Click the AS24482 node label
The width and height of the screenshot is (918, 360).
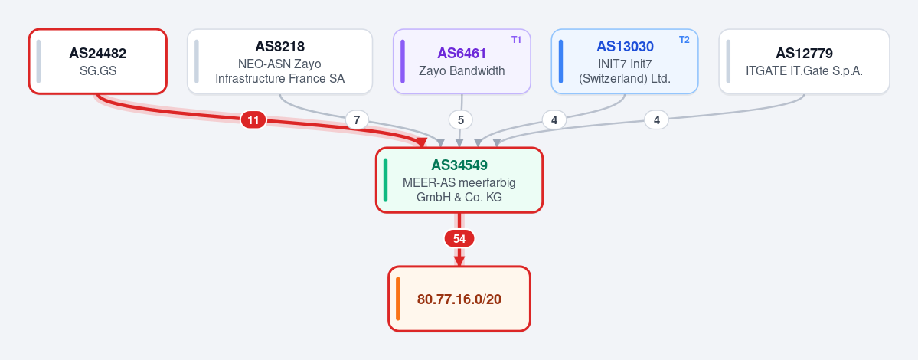click(x=98, y=54)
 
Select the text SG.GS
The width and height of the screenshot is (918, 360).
click(x=98, y=70)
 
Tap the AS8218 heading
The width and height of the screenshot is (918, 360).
click(x=280, y=46)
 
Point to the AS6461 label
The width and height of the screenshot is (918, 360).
click(x=462, y=54)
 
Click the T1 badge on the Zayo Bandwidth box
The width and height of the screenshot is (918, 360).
click(x=516, y=40)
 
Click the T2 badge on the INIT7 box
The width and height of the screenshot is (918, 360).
click(x=684, y=40)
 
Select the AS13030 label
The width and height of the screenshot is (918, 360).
click(x=626, y=46)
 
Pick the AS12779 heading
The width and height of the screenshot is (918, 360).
click(x=805, y=54)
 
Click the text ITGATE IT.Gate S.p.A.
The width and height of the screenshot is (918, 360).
click(x=805, y=70)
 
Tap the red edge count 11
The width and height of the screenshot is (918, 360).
click(x=253, y=120)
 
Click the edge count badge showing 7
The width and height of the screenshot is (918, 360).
click(x=357, y=120)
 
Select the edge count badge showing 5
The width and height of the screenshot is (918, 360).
click(x=461, y=120)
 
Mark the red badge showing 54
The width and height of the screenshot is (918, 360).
click(x=459, y=239)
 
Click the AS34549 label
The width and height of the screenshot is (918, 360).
click(x=459, y=165)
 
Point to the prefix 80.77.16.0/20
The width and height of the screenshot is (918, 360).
click(x=459, y=299)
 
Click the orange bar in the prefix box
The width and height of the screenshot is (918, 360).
click(x=398, y=299)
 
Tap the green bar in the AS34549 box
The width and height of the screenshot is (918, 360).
click(x=385, y=180)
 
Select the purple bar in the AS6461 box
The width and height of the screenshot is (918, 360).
click(x=403, y=61)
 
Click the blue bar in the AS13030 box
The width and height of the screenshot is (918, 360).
click(x=561, y=61)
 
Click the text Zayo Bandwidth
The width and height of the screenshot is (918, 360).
click(x=462, y=70)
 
